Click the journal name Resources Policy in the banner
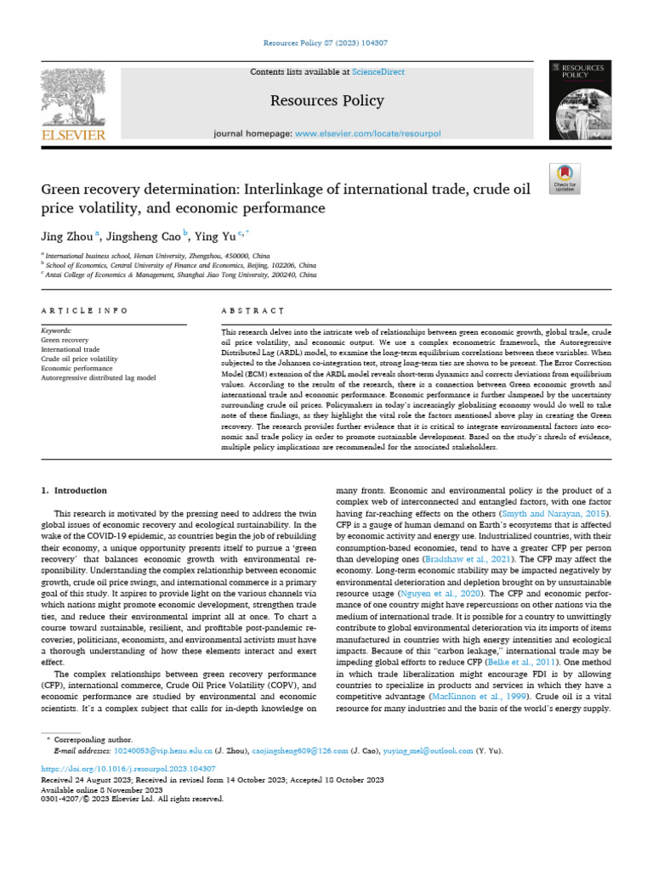click(x=326, y=102)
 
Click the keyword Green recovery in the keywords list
click(x=65, y=339)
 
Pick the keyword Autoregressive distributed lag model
click(x=98, y=377)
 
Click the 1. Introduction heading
click(x=75, y=490)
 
